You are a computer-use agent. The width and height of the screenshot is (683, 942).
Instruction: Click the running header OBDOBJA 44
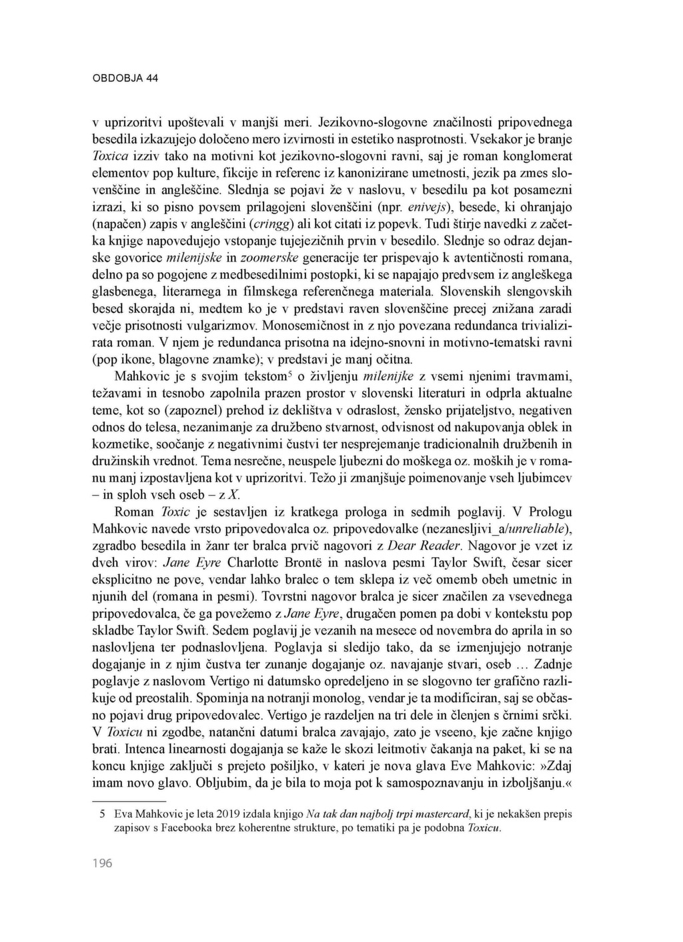tap(125, 78)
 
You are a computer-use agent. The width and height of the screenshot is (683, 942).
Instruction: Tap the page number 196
tap(102, 864)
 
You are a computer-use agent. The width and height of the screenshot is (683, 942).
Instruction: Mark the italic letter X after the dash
tap(233, 495)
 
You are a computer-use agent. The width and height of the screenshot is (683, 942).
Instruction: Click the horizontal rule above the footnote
tap(128, 800)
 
